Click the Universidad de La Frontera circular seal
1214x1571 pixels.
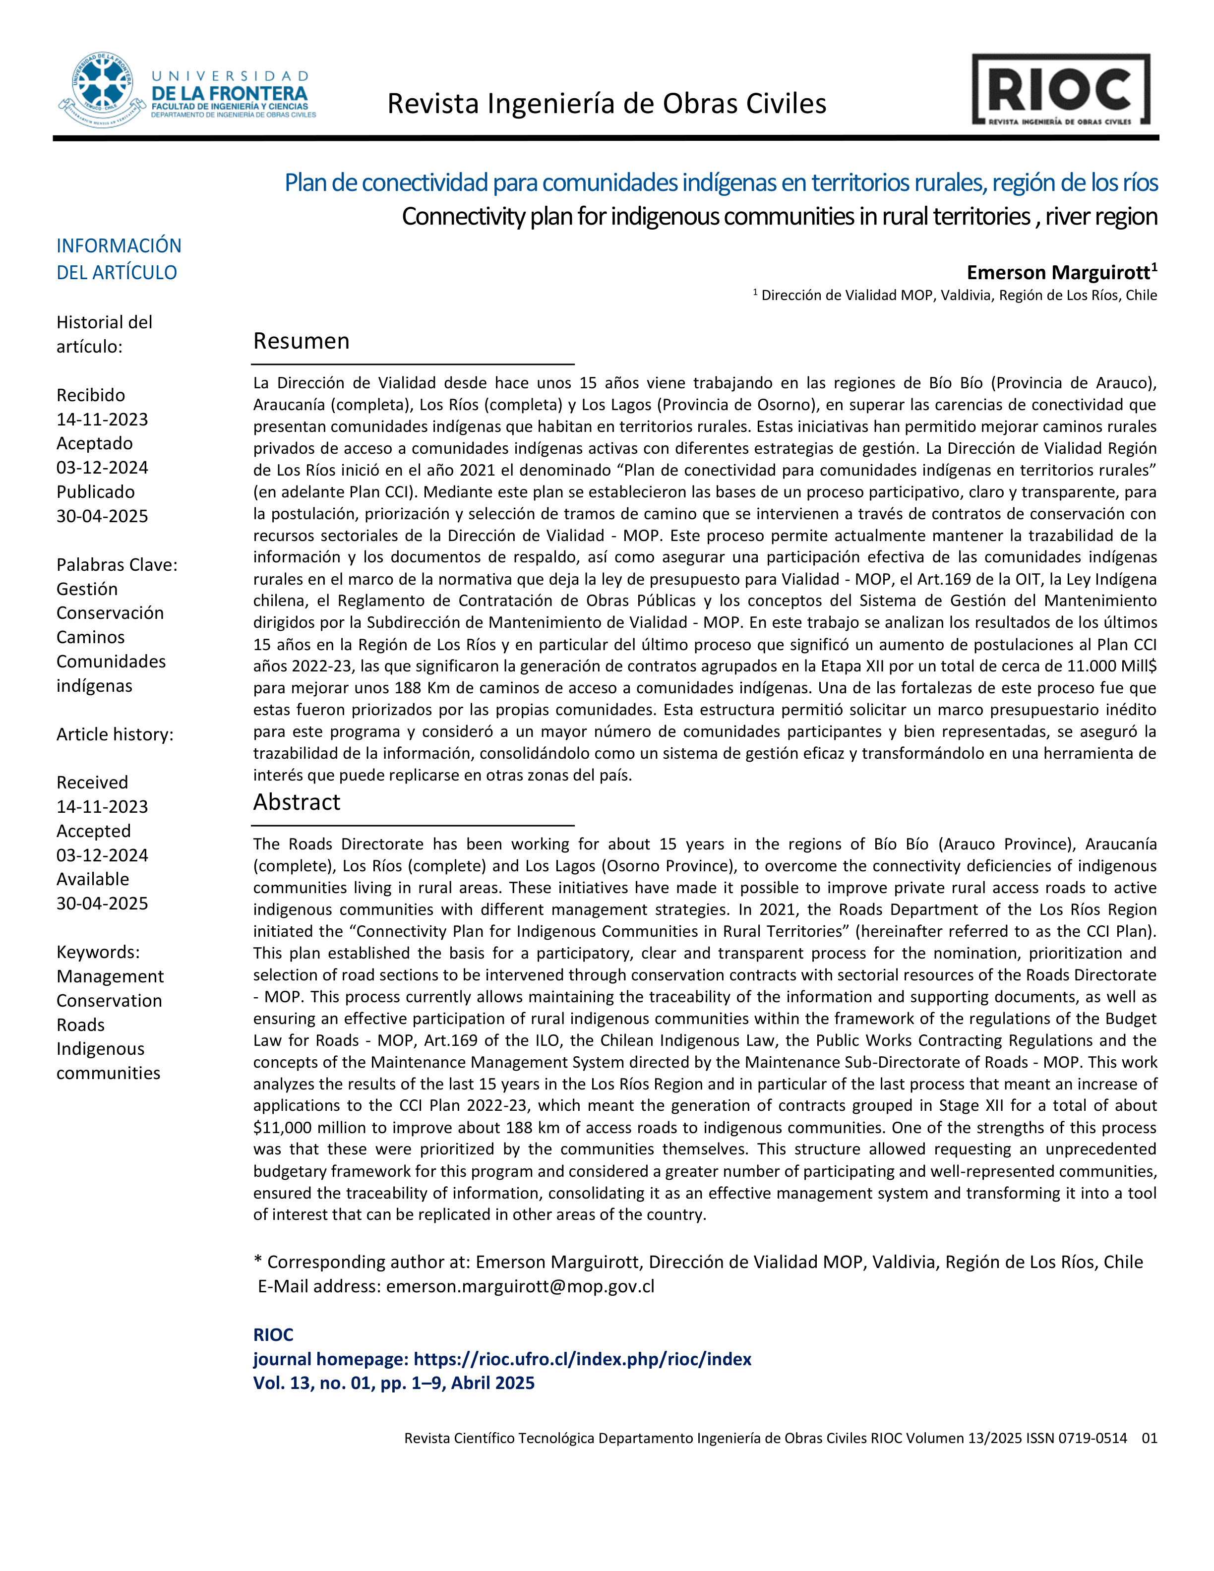[103, 90]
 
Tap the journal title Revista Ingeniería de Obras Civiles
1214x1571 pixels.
[607, 104]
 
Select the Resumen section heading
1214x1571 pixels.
[302, 341]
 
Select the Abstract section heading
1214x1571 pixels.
[296, 802]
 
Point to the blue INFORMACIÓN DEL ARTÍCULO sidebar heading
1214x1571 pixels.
[119, 259]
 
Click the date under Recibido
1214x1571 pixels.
[102, 420]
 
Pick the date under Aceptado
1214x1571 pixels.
[102, 468]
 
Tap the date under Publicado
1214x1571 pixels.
[102, 516]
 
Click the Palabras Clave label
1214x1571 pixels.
[117, 565]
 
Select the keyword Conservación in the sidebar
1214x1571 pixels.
[110, 613]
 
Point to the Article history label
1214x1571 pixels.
[115, 734]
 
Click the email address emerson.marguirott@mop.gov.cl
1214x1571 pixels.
[520, 1286]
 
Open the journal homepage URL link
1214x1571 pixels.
[583, 1359]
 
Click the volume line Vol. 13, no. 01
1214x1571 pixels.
[393, 1383]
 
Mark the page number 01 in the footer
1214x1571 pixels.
[1149, 1438]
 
